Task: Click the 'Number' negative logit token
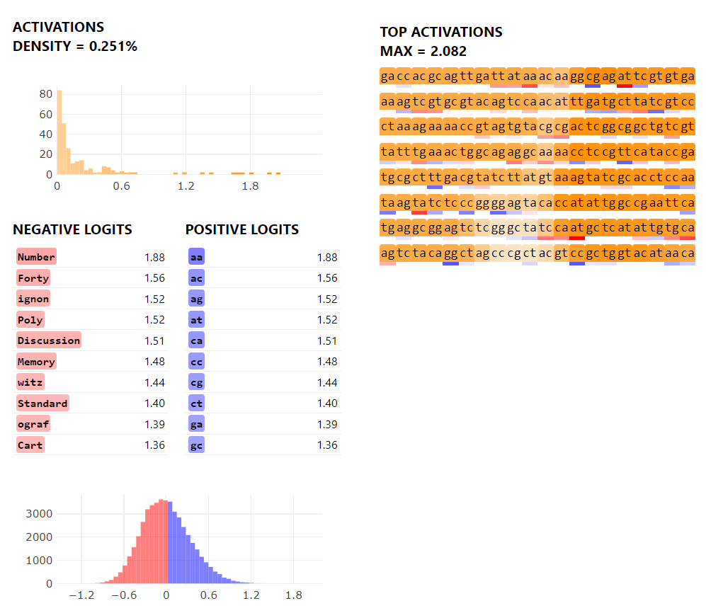click(37, 257)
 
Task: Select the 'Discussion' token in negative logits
click(49, 340)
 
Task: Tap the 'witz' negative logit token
click(30, 382)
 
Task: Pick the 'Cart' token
click(30, 445)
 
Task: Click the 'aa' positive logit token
click(196, 257)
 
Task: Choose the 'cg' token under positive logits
click(196, 382)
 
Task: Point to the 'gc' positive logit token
click(196, 445)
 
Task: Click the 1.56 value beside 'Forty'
click(154, 278)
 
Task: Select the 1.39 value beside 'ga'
click(327, 425)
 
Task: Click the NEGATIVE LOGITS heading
click(72, 229)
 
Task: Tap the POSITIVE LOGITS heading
click(242, 229)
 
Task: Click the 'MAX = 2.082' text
click(423, 51)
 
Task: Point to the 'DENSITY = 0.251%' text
click(75, 46)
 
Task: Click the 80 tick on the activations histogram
click(46, 94)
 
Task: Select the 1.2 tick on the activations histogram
click(186, 186)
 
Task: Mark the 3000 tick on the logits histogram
click(39, 513)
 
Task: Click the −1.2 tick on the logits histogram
click(81, 595)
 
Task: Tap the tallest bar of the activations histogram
click(59, 132)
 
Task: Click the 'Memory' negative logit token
click(37, 362)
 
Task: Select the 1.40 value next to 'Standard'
click(154, 403)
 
